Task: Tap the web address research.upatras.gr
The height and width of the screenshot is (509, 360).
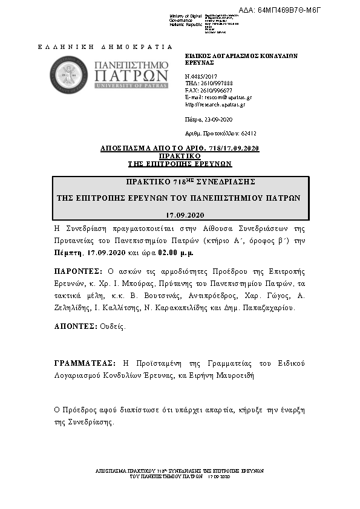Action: click(x=218, y=104)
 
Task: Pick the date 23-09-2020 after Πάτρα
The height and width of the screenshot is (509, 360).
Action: click(x=217, y=120)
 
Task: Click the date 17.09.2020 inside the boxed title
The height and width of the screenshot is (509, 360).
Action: click(x=185, y=215)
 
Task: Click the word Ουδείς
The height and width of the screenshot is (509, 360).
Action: click(x=113, y=326)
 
